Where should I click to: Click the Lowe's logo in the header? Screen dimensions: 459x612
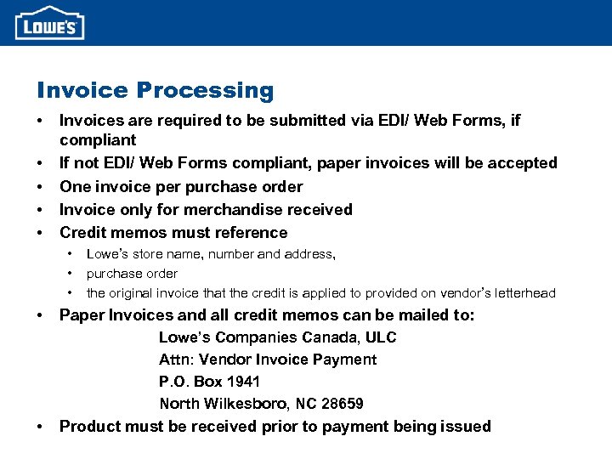click(49, 23)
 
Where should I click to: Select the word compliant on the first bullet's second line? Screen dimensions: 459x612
click(98, 139)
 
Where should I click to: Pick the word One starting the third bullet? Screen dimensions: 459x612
click(74, 186)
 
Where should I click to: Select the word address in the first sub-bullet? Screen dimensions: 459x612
click(309, 254)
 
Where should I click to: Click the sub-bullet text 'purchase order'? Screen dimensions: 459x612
click(132, 274)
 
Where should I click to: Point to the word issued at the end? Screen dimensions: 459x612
click(467, 427)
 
